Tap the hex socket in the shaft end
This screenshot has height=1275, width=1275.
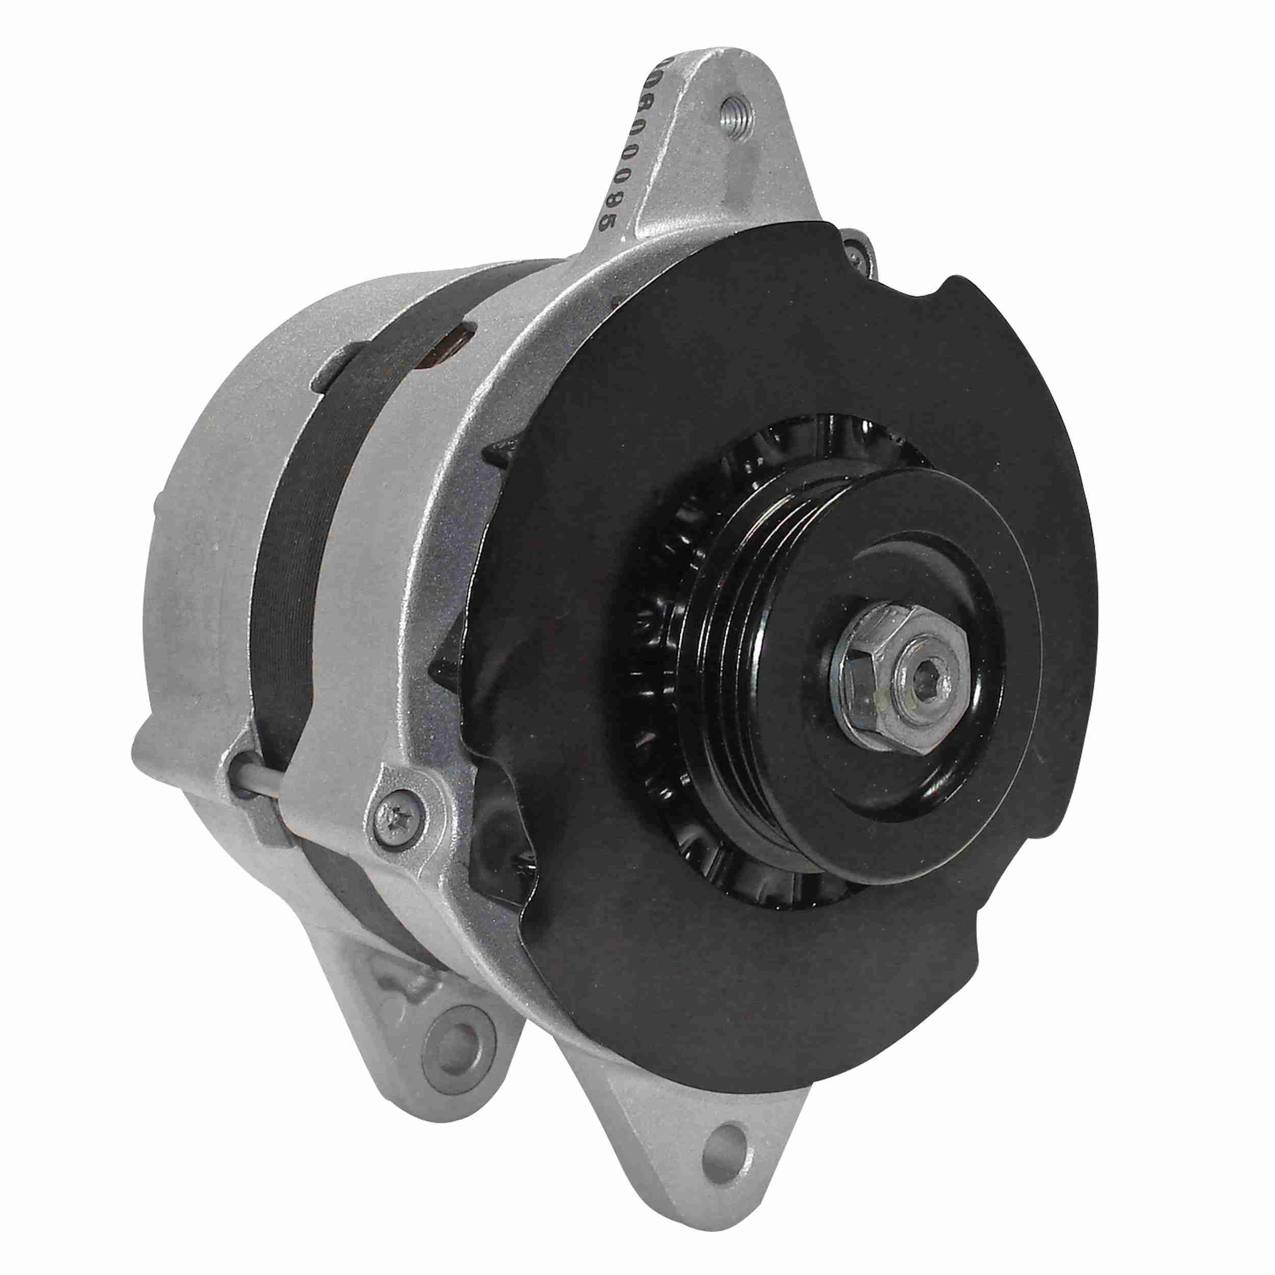921,678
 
